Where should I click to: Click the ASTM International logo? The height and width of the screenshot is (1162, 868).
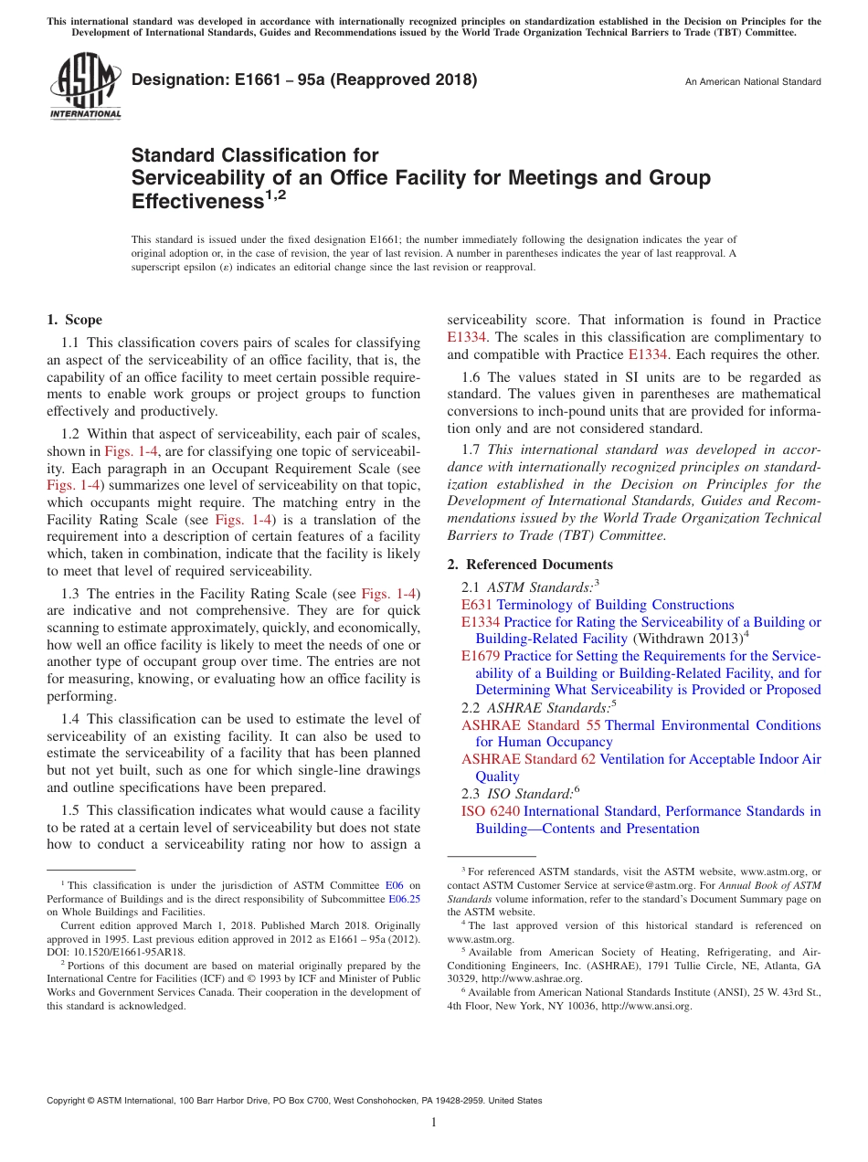pos(84,86)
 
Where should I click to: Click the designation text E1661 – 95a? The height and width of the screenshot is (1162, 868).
pos(304,79)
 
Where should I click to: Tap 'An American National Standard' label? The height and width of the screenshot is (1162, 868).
pos(753,82)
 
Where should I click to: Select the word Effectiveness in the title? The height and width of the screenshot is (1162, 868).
pos(197,201)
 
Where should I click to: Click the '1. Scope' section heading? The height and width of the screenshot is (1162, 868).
pos(75,320)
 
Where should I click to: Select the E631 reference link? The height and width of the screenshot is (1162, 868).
pos(476,605)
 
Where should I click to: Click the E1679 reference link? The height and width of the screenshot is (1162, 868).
pos(481,656)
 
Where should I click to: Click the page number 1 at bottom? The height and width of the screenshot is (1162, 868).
pos(434,1123)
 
